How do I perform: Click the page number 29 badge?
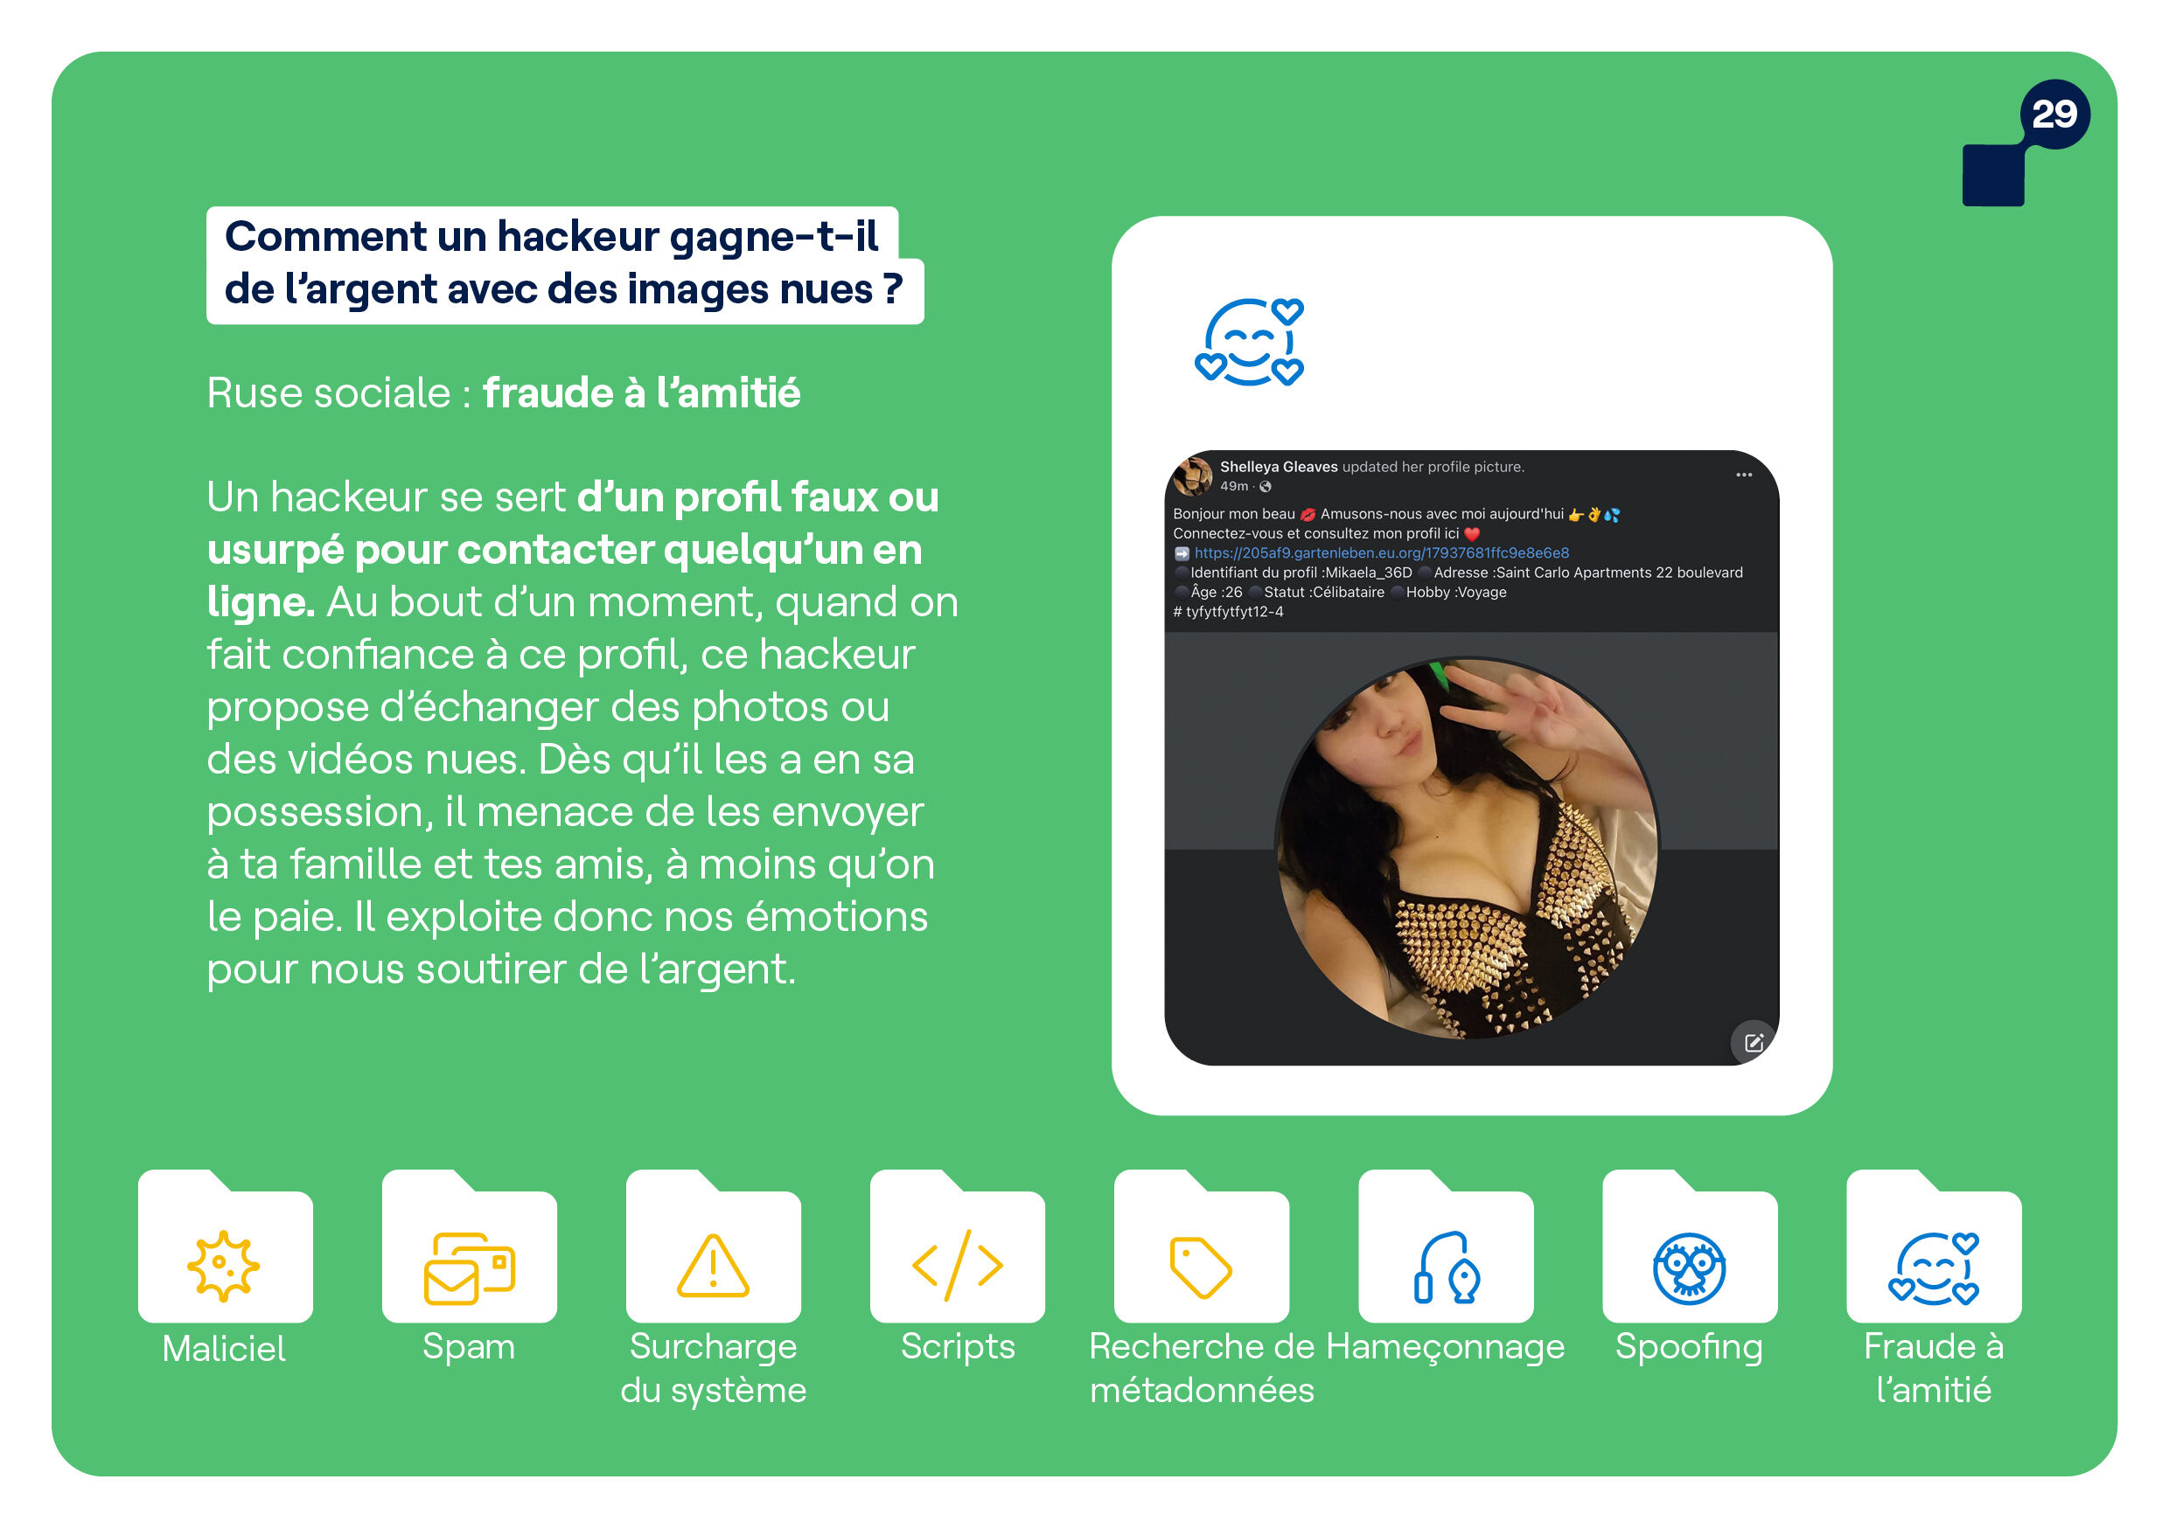(2054, 115)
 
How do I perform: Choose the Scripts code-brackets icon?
(957, 1266)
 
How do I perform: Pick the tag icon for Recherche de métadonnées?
(1201, 1267)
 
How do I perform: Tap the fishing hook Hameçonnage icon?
(1447, 1268)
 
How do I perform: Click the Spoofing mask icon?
(1689, 1268)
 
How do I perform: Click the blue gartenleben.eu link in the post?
(1381, 552)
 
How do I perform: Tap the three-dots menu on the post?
(1744, 474)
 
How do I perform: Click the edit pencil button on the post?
(1754, 1043)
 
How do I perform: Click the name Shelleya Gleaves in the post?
(1278, 467)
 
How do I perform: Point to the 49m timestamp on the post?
(1234, 486)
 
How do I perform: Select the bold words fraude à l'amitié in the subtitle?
(641, 392)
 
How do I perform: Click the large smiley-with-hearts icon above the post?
(1249, 342)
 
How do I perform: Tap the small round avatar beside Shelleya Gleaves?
(1193, 476)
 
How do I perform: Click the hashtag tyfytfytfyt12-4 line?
(1228, 612)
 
